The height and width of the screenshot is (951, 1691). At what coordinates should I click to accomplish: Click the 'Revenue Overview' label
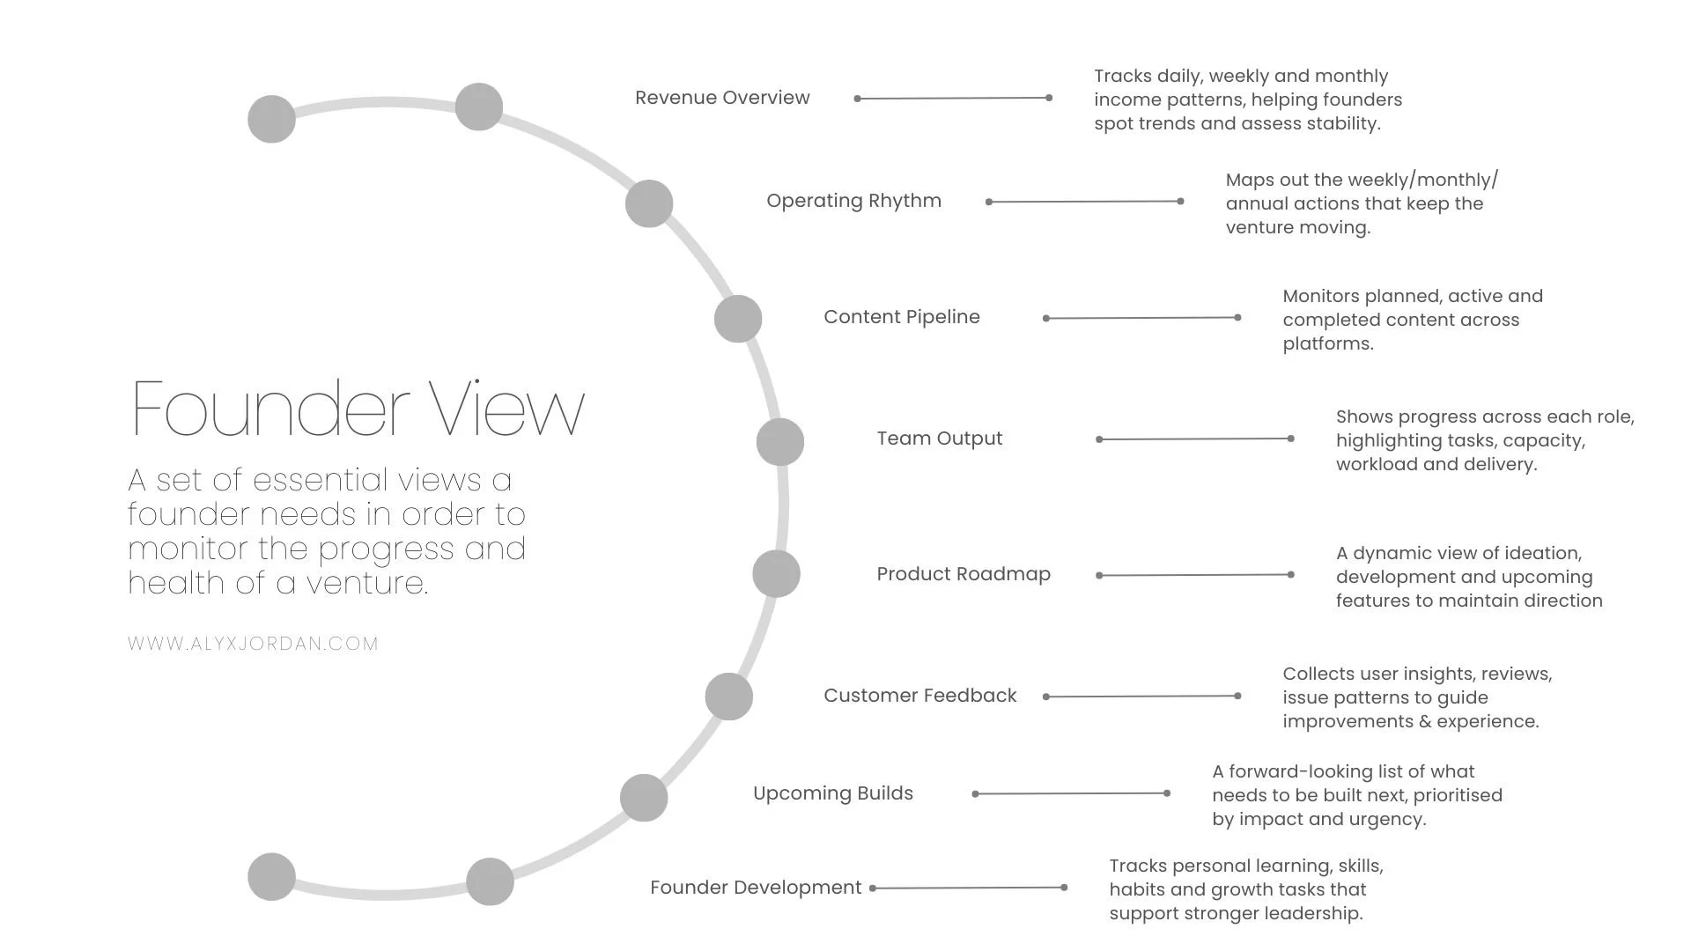[722, 98]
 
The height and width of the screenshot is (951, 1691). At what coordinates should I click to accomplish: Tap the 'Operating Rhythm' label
[853, 201]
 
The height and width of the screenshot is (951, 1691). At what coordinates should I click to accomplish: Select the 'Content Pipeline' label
[901, 317]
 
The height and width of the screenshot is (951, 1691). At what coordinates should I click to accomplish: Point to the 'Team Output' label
[939, 439]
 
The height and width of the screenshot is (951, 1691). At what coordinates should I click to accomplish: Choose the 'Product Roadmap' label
[963, 574]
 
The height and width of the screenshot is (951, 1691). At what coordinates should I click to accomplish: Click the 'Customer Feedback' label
[919, 696]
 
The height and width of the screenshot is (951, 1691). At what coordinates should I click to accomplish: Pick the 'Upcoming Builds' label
[832, 793]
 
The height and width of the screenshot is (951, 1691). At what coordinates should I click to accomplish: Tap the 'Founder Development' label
[755, 888]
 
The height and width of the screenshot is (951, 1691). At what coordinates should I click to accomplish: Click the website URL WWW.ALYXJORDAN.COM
[253, 644]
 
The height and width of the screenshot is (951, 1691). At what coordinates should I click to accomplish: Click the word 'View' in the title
[507, 409]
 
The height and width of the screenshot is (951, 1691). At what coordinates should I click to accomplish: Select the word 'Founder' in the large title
[270, 409]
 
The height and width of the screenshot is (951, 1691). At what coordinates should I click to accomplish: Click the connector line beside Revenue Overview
[953, 99]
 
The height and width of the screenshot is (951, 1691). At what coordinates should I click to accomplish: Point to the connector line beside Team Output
[1194, 439]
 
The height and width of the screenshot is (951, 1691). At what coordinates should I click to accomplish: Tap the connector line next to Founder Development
[968, 888]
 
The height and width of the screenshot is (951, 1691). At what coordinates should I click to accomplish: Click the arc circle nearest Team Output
[779, 442]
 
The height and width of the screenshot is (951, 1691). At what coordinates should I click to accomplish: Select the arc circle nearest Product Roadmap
[776, 574]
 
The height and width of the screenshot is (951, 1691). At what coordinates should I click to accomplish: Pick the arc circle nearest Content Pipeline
[737, 319]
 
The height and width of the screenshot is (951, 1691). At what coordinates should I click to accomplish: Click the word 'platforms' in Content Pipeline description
[1325, 344]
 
